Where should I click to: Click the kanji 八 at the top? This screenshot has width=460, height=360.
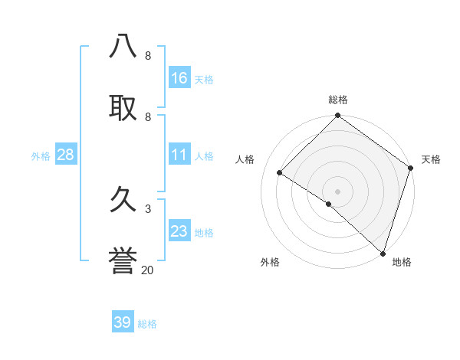(123, 47)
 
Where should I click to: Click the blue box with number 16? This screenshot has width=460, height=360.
(179, 77)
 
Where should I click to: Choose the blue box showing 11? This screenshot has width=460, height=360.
(179, 155)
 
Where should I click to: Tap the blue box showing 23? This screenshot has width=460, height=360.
(179, 231)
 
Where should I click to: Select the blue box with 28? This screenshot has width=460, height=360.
(66, 155)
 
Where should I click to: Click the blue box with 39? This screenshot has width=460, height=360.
(123, 322)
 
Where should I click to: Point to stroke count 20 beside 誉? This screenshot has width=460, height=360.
(147, 270)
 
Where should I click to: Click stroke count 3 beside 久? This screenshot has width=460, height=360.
(147, 208)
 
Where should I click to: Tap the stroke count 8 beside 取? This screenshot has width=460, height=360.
(147, 116)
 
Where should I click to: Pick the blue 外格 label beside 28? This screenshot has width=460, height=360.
(41, 155)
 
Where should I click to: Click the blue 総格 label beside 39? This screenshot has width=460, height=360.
(147, 324)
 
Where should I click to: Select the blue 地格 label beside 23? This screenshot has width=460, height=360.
(204, 232)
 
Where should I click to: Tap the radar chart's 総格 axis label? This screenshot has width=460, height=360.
(338, 100)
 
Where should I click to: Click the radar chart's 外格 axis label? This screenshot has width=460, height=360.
(270, 262)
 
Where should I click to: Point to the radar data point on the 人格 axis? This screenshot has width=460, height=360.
(280, 173)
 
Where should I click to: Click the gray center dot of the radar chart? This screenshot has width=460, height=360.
(338, 191)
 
